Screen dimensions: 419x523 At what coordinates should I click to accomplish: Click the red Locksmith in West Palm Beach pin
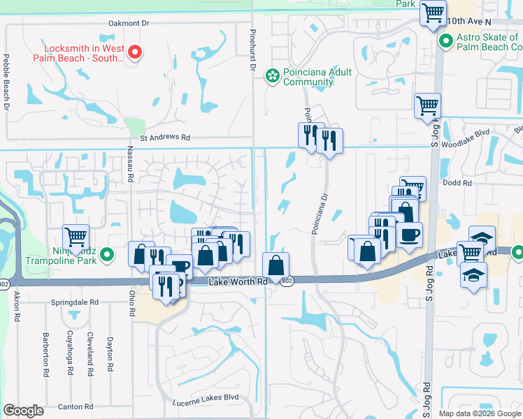pos(136,51)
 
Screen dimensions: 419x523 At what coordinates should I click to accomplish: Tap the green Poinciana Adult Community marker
pos(272,74)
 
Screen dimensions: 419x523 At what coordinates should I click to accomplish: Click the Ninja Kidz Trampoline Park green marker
pos(106,256)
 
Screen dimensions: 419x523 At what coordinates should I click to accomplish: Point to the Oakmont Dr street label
pos(129,23)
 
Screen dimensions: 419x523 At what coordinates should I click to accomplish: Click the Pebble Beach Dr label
pos(6,82)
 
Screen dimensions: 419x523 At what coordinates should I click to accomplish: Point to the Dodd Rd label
pos(458,183)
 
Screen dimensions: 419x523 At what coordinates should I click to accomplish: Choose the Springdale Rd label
pos(76,303)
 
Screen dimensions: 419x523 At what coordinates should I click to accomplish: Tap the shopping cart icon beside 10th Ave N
pos(433,12)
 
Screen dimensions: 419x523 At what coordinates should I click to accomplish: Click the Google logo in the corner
pos(23,411)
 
